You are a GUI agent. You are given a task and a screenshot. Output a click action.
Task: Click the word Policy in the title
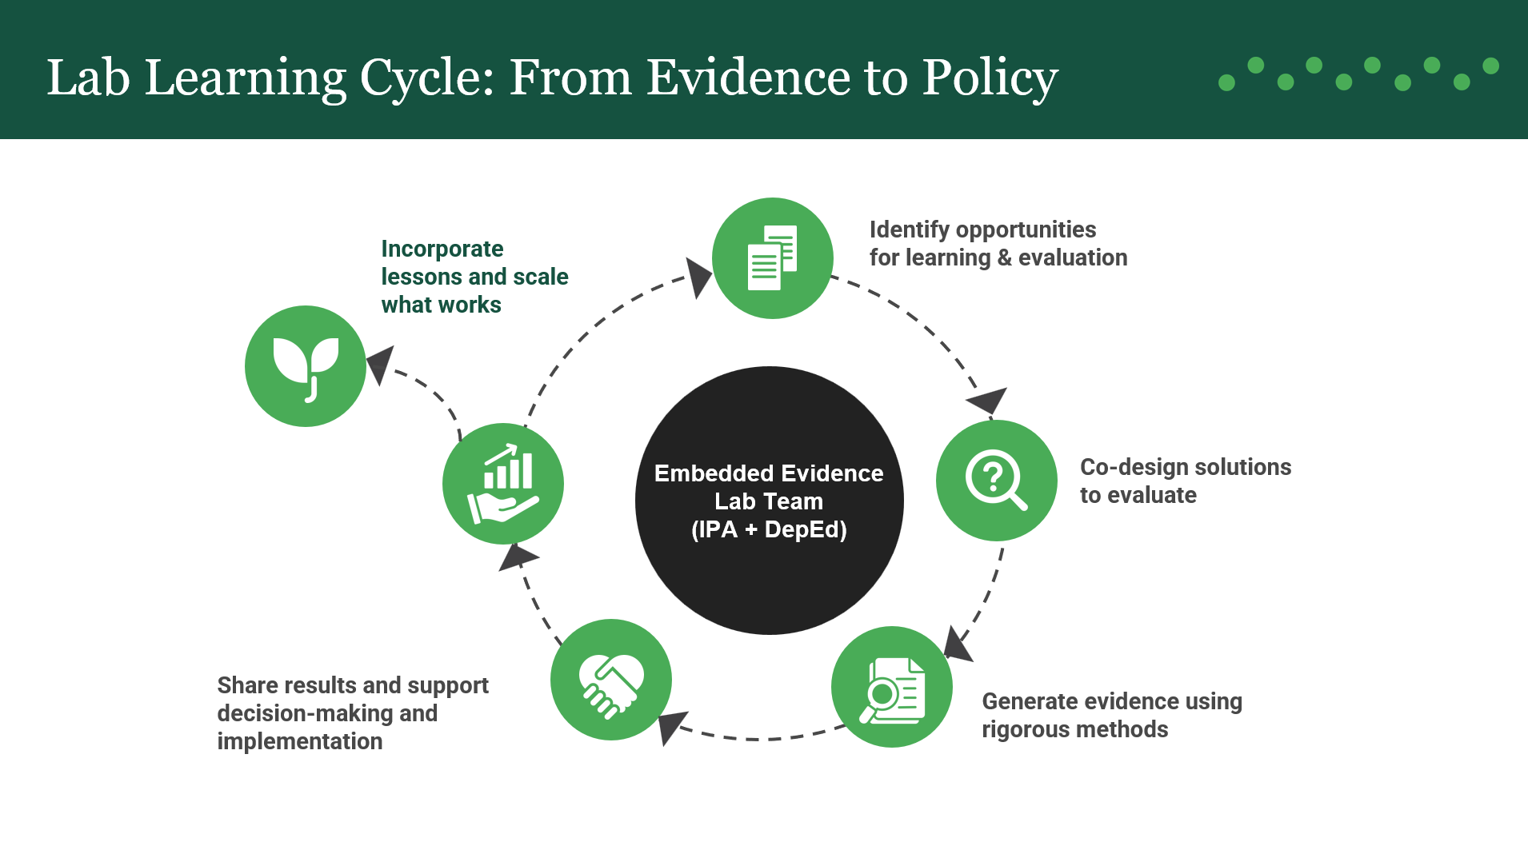click(990, 78)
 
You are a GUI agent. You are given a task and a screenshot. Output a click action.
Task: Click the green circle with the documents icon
click(772, 257)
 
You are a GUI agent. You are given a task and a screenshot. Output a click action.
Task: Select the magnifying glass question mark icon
click(996, 480)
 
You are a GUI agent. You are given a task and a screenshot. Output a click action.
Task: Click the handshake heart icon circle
click(611, 679)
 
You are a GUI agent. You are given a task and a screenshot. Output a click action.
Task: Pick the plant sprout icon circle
click(306, 365)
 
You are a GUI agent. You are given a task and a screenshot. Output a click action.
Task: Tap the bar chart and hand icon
click(503, 483)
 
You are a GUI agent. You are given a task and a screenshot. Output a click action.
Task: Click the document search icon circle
click(892, 686)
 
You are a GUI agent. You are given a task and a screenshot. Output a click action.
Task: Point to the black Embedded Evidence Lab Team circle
click(769, 576)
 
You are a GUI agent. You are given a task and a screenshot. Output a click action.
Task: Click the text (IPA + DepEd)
click(769, 529)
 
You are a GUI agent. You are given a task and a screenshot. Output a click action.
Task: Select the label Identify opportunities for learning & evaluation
click(998, 243)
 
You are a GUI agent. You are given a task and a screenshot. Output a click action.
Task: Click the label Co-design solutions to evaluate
click(1185, 481)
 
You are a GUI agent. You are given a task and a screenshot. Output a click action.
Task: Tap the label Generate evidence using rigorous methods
click(1111, 715)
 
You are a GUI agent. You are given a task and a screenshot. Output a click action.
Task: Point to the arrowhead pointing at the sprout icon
click(380, 363)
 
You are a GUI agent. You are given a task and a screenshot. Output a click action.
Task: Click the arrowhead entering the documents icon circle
click(698, 276)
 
